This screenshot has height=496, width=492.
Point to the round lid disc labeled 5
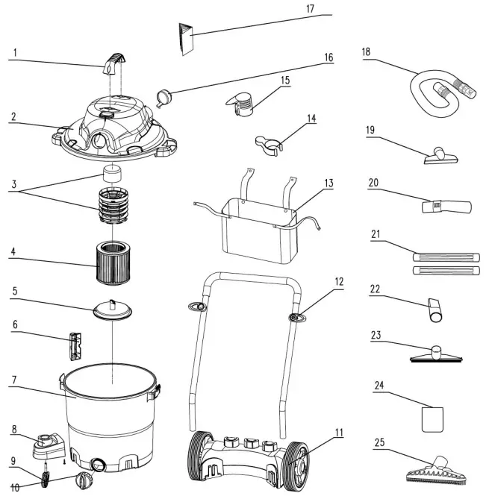pyautogui.click(x=111, y=311)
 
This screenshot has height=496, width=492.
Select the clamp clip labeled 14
pyautogui.click(x=267, y=142)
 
